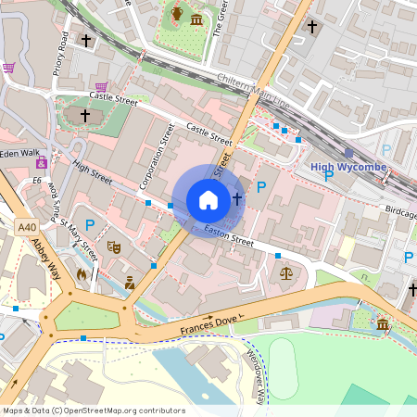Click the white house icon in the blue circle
[208, 199]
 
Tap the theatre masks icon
[114, 247]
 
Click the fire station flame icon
[82, 274]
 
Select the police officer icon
[130, 282]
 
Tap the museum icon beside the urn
[196, 19]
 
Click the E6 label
[37, 180]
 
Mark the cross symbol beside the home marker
[237, 198]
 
